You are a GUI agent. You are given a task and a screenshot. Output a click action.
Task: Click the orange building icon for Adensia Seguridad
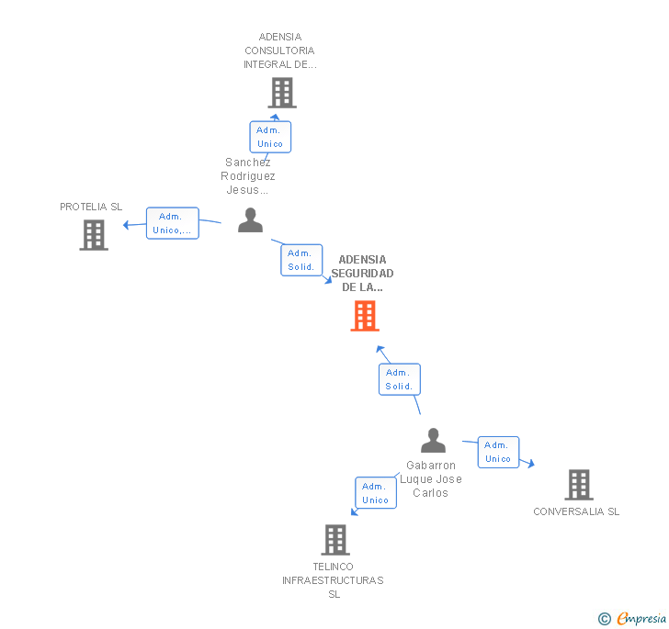click(365, 316)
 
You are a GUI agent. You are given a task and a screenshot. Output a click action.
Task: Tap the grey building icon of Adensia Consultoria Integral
click(281, 93)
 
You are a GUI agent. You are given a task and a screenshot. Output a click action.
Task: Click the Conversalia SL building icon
click(578, 484)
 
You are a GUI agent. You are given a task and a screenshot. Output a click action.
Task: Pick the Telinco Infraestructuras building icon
click(335, 540)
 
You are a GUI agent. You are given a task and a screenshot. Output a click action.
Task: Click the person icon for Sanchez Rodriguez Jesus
click(250, 221)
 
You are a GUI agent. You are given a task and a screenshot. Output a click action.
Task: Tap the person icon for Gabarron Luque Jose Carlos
click(433, 441)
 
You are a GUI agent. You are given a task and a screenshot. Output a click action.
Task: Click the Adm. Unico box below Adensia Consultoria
click(270, 137)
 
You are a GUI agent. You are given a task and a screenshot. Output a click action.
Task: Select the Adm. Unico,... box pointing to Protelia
click(173, 223)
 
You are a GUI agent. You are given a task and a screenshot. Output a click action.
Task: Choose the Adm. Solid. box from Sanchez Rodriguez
click(300, 260)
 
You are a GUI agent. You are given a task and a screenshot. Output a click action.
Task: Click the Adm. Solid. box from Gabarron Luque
click(399, 379)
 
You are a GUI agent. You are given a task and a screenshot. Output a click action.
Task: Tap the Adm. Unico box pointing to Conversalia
click(498, 452)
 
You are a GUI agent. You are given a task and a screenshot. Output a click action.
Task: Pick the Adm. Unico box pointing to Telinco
click(375, 493)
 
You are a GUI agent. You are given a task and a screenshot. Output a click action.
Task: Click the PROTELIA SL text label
click(91, 207)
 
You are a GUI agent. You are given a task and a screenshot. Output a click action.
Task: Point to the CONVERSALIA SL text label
click(576, 511)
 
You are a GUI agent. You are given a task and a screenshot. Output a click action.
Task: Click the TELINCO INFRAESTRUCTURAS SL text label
click(334, 580)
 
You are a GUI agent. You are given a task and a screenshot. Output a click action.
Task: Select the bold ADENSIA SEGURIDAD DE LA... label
click(362, 274)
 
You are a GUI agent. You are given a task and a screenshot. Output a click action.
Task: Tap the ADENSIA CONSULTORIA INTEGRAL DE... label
click(279, 51)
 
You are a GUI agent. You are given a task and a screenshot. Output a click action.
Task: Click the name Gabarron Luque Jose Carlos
click(431, 479)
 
